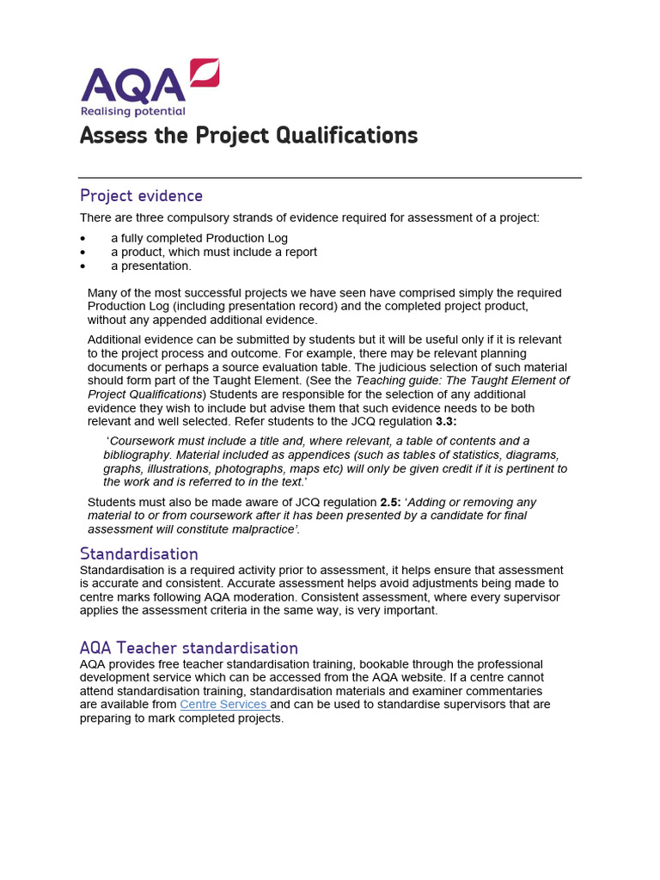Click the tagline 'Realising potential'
coord(132,111)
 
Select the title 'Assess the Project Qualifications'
coord(248,136)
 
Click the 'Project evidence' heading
coord(141,195)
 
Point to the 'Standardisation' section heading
coord(138,553)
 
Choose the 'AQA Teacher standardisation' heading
coord(188,648)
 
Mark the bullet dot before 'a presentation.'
coord(82,266)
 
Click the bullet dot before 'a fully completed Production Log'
coord(82,239)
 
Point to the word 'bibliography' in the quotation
coord(138,455)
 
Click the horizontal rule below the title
coord(330,178)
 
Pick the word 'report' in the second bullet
coord(298,253)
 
